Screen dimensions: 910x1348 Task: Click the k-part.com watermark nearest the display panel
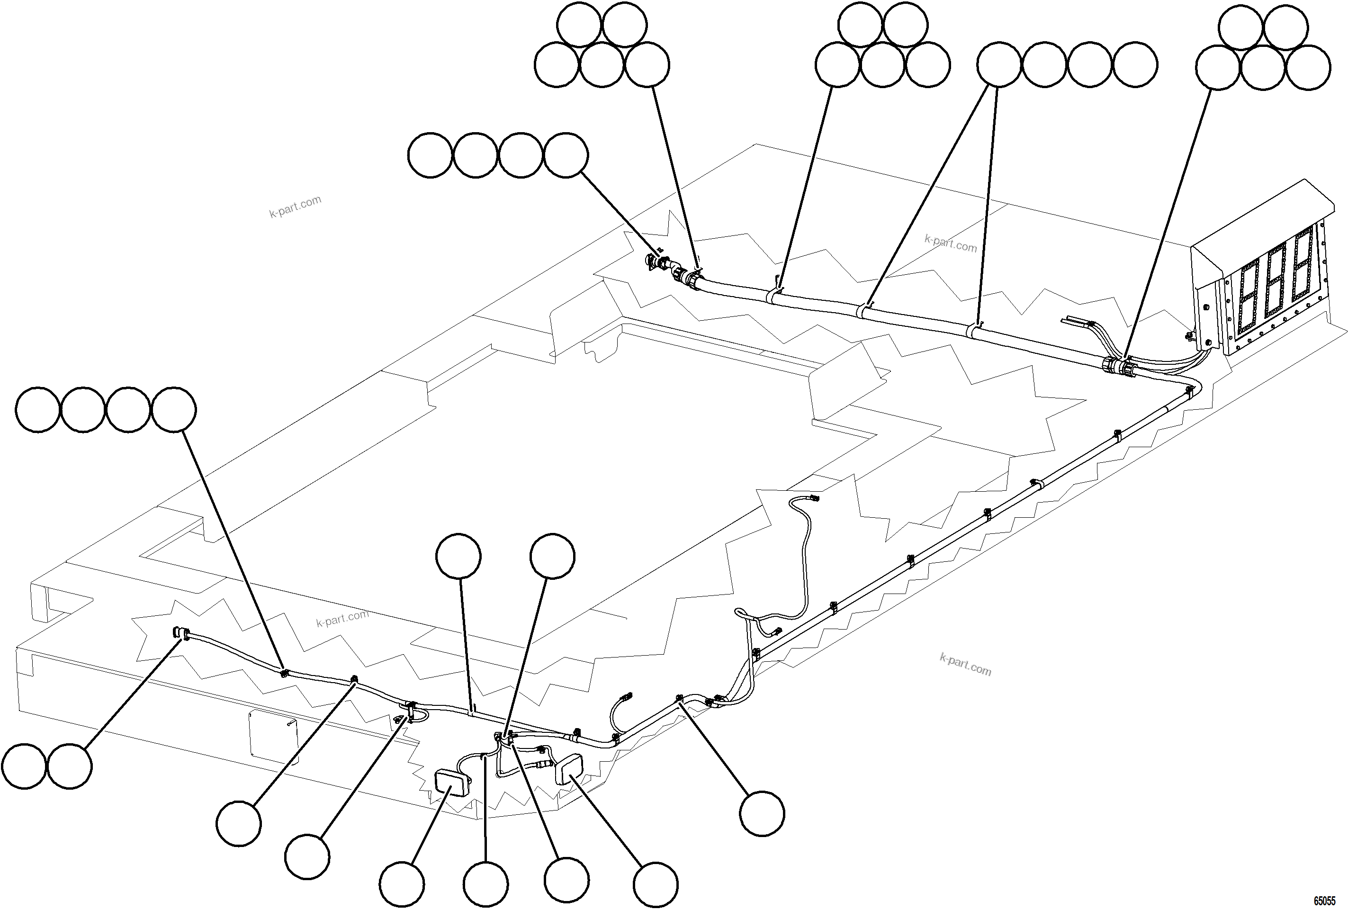[950, 243]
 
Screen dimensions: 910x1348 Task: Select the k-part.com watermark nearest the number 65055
[965, 665]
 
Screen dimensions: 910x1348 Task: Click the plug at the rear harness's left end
[180, 633]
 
